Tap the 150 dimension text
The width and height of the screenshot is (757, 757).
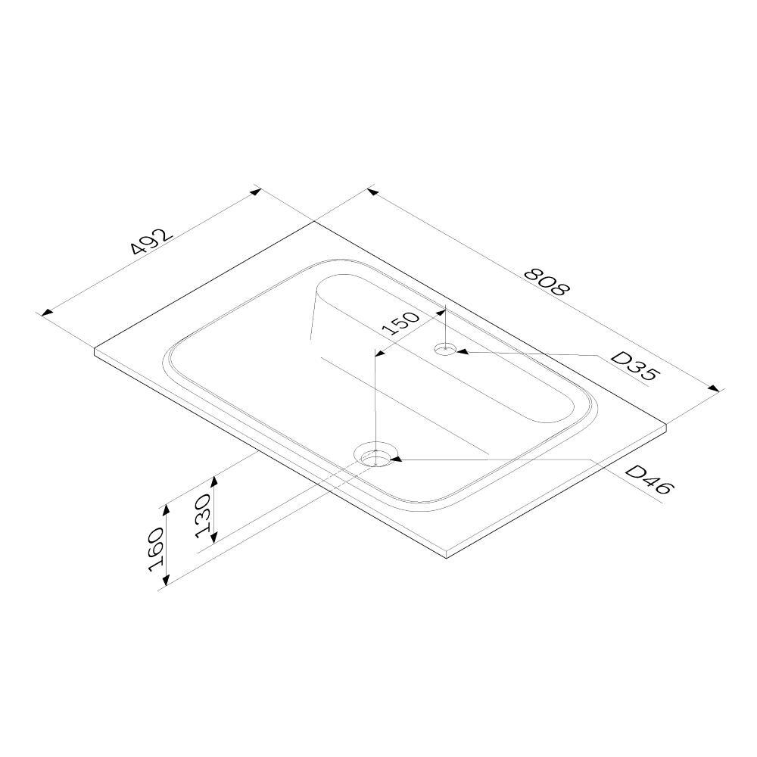[x=401, y=323]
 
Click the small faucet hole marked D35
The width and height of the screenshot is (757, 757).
[x=445, y=349]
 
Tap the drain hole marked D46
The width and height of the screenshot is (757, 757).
[x=376, y=456]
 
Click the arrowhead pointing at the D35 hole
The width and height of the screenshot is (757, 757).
[x=461, y=351]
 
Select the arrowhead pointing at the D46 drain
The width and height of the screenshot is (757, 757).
[x=396, y=458]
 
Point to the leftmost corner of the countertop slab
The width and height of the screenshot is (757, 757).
[x=95, y=350]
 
